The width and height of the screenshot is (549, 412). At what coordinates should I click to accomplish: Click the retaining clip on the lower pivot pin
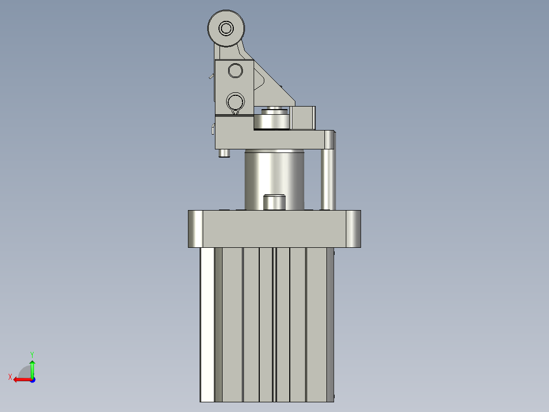coord(235,112)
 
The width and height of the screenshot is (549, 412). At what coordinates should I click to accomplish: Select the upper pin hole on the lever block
coord(235,70)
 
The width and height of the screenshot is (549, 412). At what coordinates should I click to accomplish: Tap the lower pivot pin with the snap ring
coord(235,100)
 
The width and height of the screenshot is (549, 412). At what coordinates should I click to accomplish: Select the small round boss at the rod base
coord(274,202)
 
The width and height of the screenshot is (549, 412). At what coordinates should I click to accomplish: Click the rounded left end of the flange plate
coord(196,228)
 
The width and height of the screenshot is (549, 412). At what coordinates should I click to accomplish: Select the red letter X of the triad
coord(10,377)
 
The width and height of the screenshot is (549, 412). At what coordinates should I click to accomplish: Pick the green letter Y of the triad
coord(32,354)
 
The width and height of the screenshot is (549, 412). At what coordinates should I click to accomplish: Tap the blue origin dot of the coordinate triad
coord(33,379)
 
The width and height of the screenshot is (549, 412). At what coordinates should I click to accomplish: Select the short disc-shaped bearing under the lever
coord(272,121)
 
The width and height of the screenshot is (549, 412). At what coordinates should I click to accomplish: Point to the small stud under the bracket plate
coord(223,153)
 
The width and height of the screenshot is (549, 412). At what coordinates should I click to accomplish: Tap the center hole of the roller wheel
coord(226,28)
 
